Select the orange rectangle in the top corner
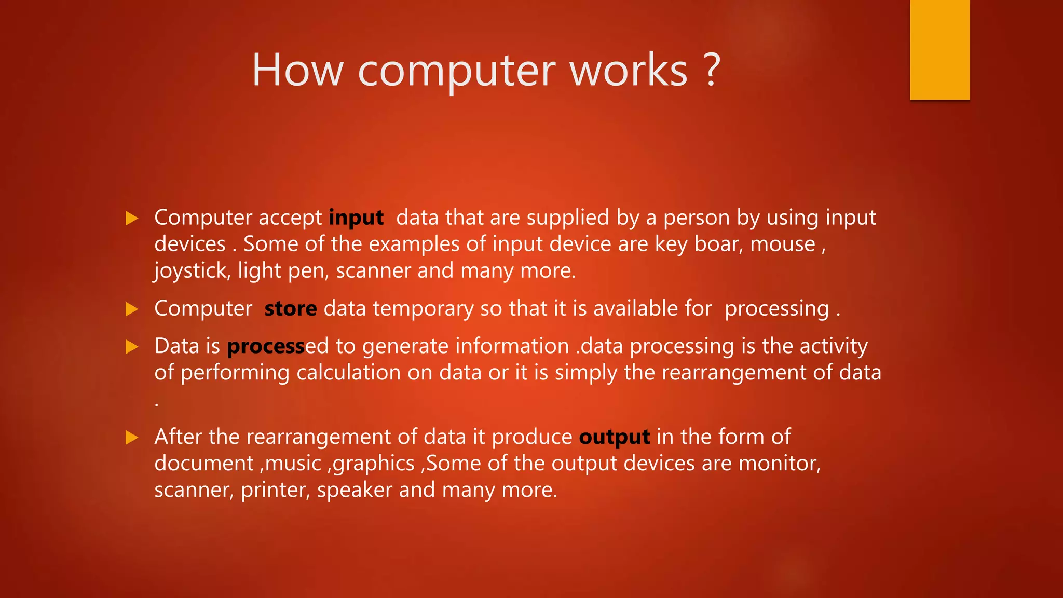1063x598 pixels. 939,49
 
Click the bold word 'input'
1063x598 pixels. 356,218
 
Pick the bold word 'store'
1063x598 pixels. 291,309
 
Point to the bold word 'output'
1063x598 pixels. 615,437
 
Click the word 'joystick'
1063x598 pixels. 192,271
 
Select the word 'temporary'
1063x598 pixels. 423,309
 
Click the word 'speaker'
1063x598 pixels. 355,491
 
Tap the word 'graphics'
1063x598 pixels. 374,464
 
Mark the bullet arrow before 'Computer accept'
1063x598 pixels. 132,218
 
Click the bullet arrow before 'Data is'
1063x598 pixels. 132,346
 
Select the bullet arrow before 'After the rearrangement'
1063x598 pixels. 132,438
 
